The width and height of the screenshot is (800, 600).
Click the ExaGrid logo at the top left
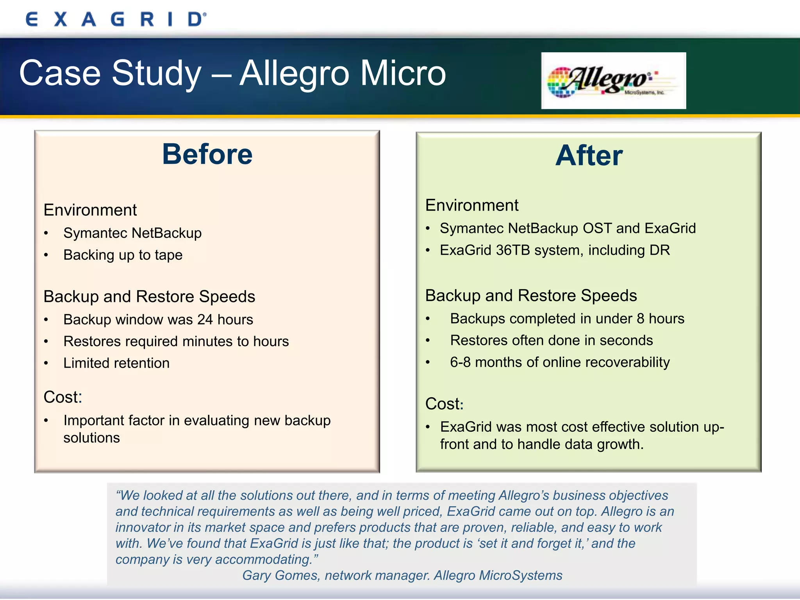(x=116, y=19)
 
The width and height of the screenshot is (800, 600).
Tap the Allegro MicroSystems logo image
(x=613, y=80)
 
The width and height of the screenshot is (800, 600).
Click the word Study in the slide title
(x=156, y=73)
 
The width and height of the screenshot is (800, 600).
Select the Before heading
(x=207, y=154)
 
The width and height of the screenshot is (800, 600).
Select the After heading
(x=589, y=156)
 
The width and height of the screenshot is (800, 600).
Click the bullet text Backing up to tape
(x=123, y=255)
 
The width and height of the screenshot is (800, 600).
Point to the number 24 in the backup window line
(x=205, y=320)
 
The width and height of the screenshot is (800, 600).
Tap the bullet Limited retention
(x=116, y=363)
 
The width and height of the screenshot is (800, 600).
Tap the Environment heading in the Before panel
(x=90, y=210)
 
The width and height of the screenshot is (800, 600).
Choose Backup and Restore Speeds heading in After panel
(x=531, y=296)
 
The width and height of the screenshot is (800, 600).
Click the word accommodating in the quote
(x=264, y=559)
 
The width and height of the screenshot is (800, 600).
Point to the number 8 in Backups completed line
(x=640, y=319)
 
